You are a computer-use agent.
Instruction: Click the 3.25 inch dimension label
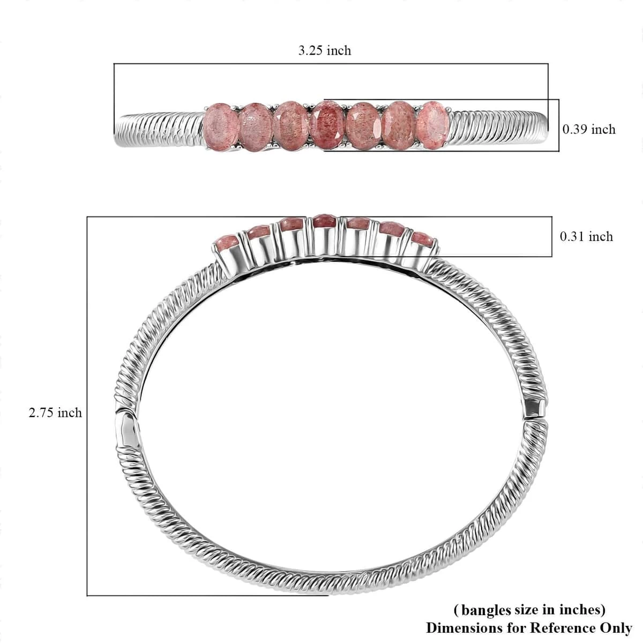pos(324,51)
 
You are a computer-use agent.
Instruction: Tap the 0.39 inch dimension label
pos(589,130)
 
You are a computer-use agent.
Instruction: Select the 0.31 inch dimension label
pos(586,237)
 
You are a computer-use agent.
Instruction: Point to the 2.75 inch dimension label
pos(55,413)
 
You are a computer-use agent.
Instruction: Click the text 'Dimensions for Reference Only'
pos(529,628)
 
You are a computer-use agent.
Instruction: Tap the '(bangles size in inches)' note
pos(529,610)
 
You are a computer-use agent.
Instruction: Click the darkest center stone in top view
pos(327,125)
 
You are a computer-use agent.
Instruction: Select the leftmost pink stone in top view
pos(220,127)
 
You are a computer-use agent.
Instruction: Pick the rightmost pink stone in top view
pos(433,125)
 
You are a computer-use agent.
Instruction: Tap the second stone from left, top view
pos(256,127)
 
